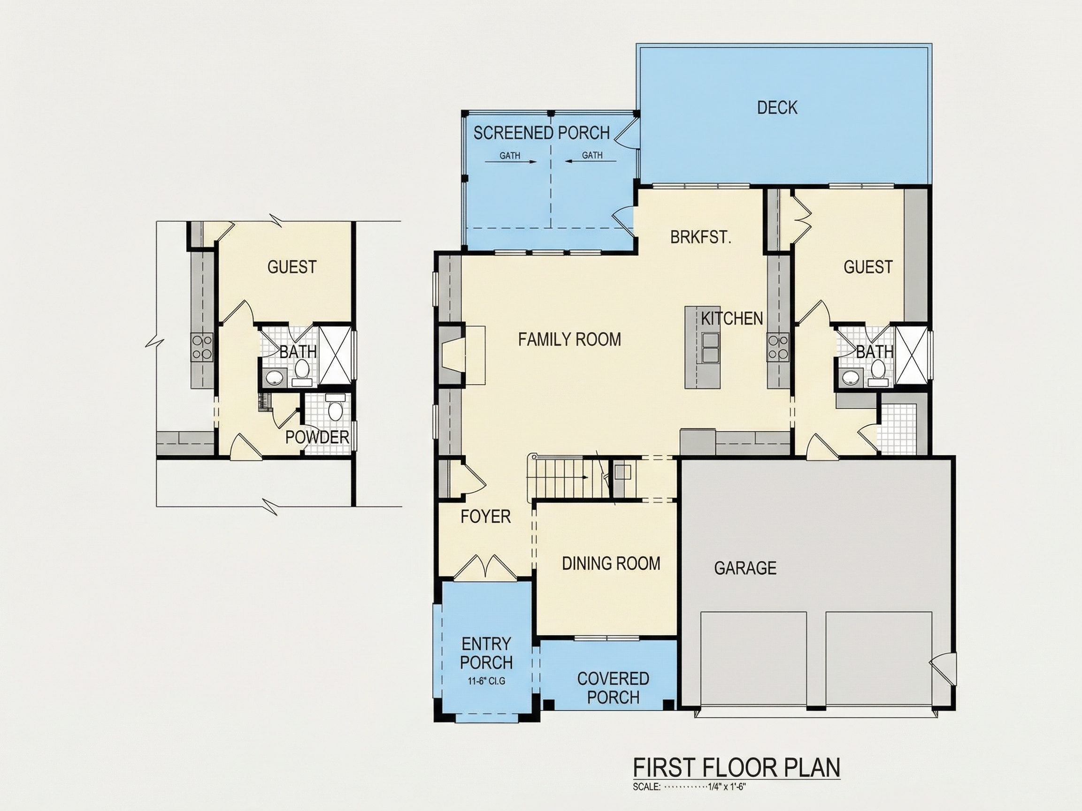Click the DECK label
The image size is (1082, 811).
click(777, 107)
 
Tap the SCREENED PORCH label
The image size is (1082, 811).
click(542, 133)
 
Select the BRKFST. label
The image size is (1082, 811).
click(700, 238)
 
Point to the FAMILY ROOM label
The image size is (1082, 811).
click(569, 339)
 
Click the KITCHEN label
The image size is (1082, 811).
click(732, 319)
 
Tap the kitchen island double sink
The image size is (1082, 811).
click(710, 347)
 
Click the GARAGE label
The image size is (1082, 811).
click(745, 568)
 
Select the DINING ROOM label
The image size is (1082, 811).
click(611, 564)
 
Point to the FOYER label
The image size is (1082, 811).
click(485, 517)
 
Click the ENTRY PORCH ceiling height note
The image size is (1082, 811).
click(486, 681)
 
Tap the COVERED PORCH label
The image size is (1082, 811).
click(613, 688)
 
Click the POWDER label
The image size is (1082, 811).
click(317, 438)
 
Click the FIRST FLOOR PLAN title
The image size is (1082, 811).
click(737, 767)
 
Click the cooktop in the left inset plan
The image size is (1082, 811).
click(202, 347)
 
